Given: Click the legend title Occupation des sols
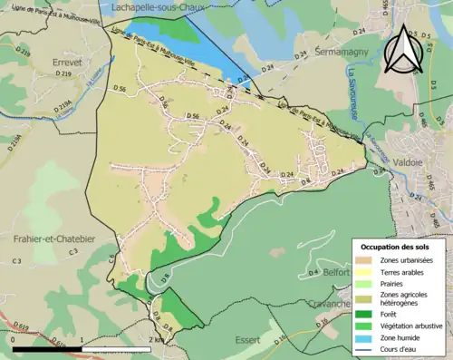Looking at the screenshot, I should (x=396, y=247).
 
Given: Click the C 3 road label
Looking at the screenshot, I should (x=15, y=261).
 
